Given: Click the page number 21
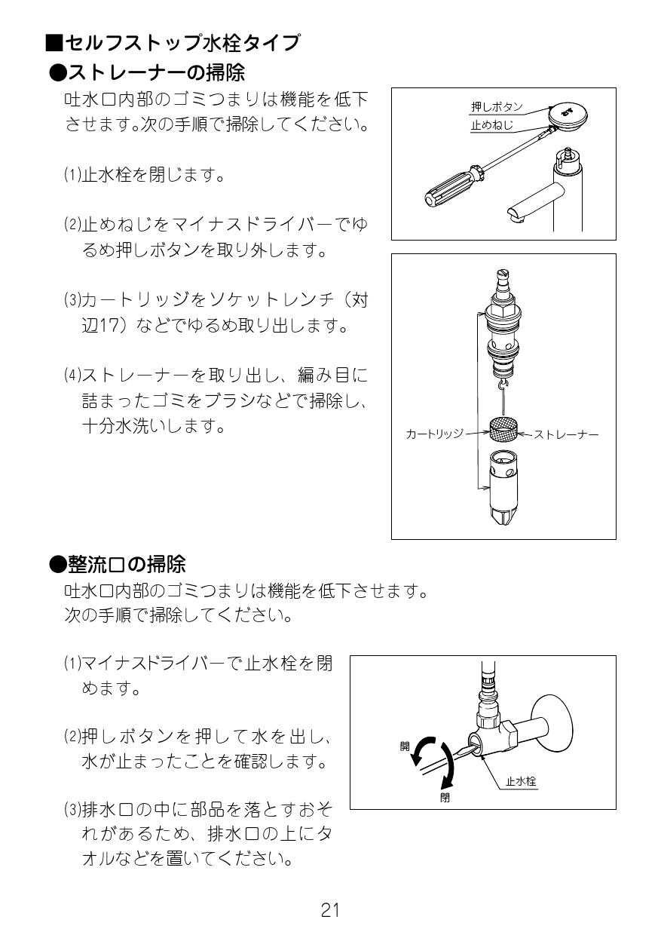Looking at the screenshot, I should (329, 910).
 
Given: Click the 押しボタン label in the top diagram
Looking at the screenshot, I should (496, 108).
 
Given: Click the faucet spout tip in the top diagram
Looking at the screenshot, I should (516, 217).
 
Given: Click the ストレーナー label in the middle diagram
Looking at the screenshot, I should (566, 434).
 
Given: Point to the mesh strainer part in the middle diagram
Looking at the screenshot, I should (503, 431).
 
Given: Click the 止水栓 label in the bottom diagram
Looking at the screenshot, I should (520, 782).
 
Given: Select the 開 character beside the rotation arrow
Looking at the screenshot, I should (405, 746).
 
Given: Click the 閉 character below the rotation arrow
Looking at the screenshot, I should (445, 798).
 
